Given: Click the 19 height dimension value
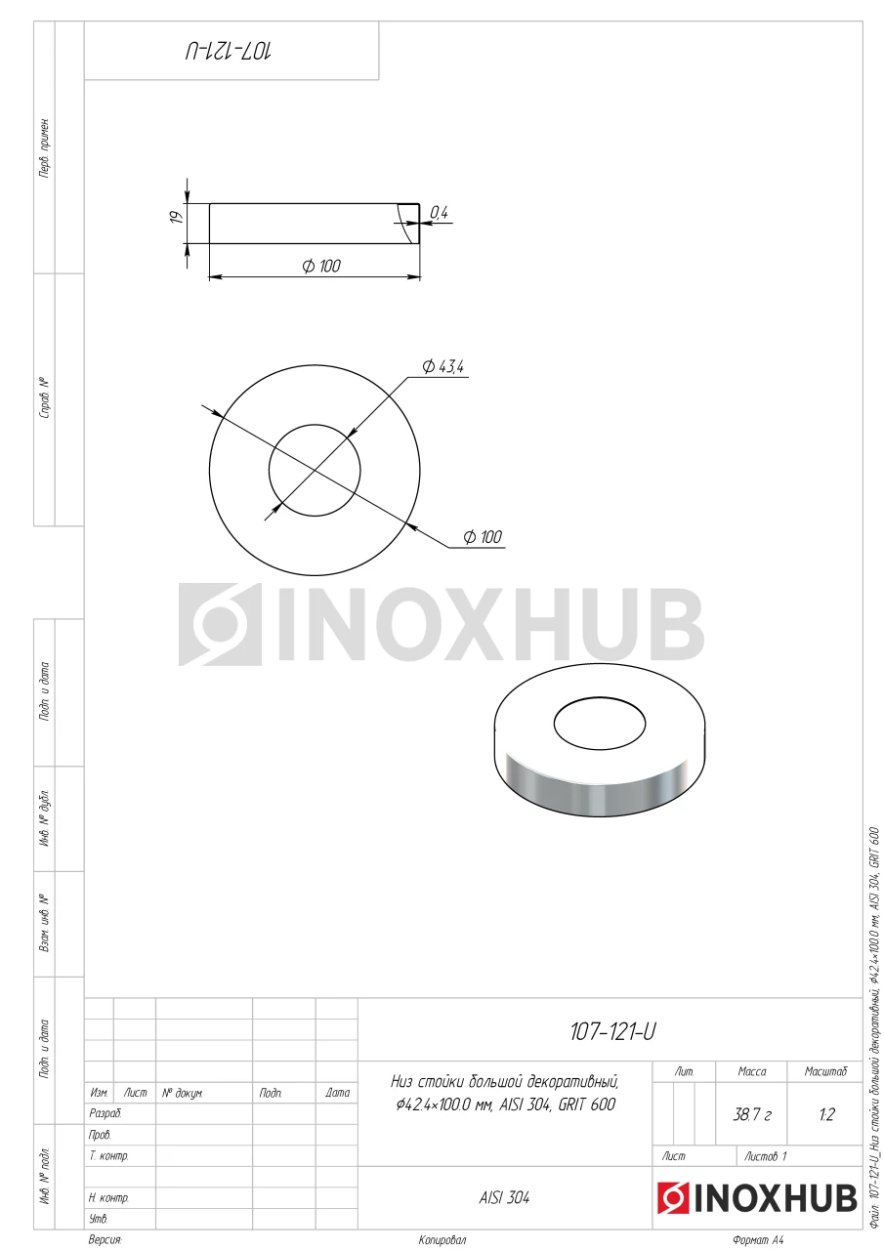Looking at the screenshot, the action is point(176,217).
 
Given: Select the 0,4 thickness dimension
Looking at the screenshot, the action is point(440,212).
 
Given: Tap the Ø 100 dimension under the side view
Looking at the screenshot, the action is point(321,266).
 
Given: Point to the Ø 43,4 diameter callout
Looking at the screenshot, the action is point(443,366).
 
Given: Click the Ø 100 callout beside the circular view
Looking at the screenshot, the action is point(484,537).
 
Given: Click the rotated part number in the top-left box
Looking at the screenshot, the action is point(229,52).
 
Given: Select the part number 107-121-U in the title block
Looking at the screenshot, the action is point(612,1032).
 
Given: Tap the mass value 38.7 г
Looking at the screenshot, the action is point(752,1114).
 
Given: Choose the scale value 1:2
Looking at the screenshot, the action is point(826,1114).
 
